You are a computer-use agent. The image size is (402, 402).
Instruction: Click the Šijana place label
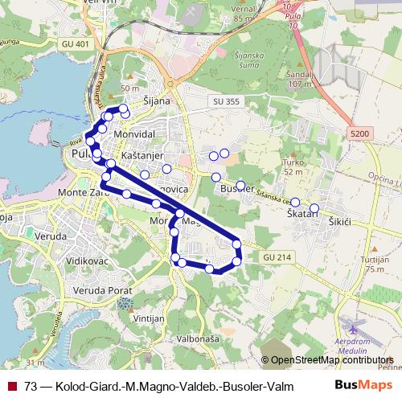157,101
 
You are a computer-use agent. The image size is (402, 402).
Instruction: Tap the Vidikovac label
84,262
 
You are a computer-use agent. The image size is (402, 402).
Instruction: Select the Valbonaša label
197,339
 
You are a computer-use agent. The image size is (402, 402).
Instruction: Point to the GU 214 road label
273,256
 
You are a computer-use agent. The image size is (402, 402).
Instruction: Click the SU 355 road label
228,100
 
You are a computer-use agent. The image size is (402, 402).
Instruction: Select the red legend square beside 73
12,386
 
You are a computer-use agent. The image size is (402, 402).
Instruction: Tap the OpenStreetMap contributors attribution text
330,360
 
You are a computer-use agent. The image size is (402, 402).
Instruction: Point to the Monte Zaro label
80,194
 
